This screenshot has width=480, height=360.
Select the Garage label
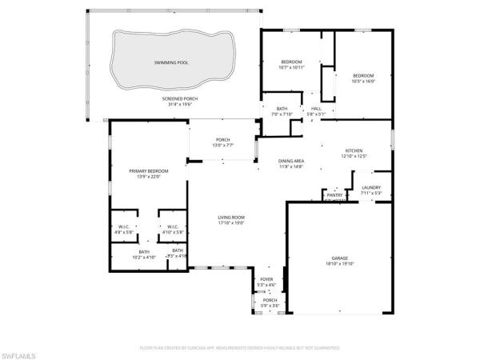coord(341,258)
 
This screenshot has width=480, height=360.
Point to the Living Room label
coord(232,218)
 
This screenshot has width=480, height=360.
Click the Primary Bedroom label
coord(146,171)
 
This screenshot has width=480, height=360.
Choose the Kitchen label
coord(355,150)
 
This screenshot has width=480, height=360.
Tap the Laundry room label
coord(371,187)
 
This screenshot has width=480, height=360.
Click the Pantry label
coord(334,194)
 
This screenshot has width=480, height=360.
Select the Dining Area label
coord(291,161)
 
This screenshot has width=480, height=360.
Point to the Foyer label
coord(266,279)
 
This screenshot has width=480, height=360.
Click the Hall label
coord(316,109)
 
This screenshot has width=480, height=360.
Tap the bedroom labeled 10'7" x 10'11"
coord(291,62)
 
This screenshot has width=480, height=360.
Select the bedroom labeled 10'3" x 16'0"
coord(363,76)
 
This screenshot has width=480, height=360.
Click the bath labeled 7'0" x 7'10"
coord(282,109)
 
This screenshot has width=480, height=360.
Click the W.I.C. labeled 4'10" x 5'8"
coord(172,227)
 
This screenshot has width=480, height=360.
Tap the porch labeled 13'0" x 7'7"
coord(222,140)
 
